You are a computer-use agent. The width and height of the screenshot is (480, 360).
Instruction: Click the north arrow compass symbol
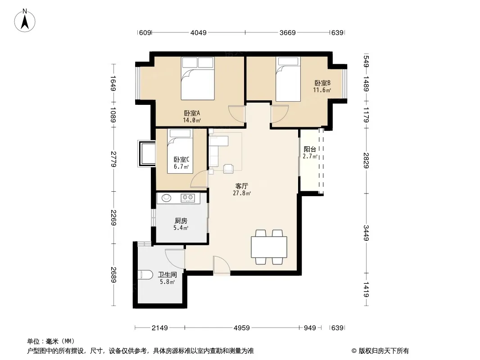(x=25, y=21)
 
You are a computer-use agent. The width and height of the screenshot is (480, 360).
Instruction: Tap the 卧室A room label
(x=192, y=113)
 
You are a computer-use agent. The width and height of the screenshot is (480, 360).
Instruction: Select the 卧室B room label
(x=322, y=83)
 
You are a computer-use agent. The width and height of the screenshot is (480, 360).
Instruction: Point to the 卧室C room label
(x=181, y=160)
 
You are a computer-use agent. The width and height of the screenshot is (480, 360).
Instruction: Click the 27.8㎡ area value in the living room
(x=242, y=193)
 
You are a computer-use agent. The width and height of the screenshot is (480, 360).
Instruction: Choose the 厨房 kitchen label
(x=181, y=220)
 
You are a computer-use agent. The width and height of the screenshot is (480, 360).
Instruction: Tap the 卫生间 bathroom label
(x=167, y=274)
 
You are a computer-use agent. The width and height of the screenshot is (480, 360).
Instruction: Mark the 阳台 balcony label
(x=310, y=149)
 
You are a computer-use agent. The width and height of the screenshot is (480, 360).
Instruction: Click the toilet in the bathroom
(x=145, y=274)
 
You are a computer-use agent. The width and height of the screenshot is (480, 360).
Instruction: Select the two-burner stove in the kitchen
(x=188, y=198)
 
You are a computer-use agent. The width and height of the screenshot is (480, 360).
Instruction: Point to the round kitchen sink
(x=166, y=198)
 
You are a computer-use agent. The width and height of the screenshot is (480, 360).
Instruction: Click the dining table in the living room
(x=269, y=247)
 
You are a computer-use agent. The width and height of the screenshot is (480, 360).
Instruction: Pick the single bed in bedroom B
(x=288, y=79)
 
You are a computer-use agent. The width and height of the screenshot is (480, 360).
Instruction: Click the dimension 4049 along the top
(x=199, y=32)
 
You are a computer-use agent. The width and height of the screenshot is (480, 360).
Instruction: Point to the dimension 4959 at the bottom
(x=241, y=328)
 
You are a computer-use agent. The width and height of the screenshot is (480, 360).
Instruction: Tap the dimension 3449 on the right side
(x=366, y=233)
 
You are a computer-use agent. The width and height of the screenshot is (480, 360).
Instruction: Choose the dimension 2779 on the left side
(x=113, y=159)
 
